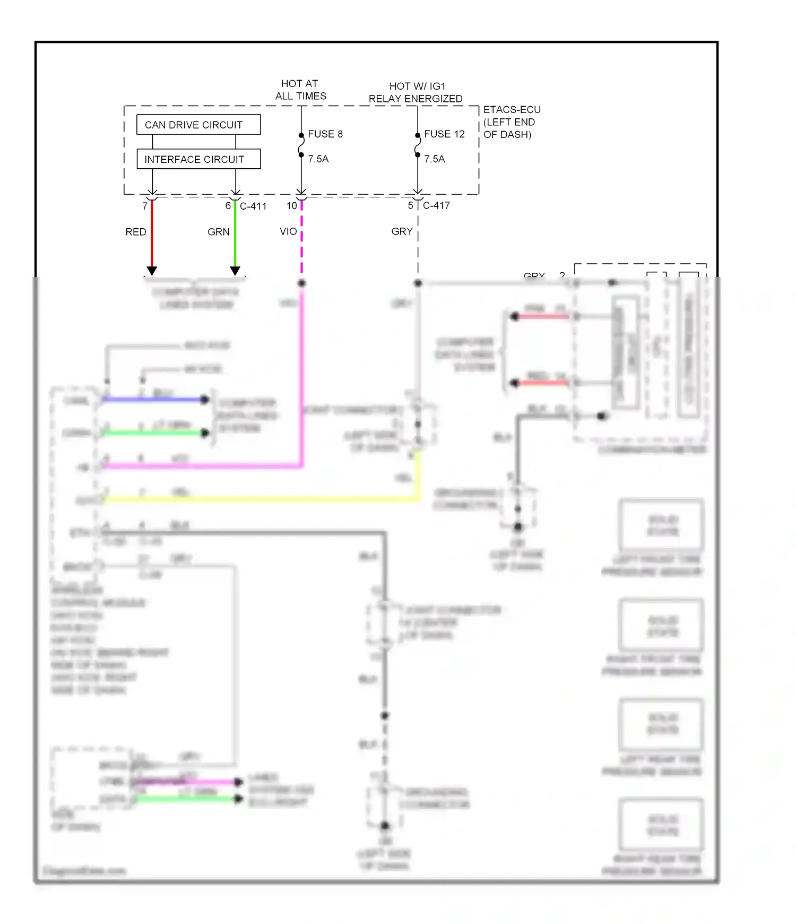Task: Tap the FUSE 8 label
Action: coord(325,134)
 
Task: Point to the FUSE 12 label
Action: coord(444,134)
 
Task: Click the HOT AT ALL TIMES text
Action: coord(300,90)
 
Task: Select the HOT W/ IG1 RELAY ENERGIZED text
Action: coord(416,92)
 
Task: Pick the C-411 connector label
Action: coord(253,206)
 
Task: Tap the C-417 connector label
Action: coord(436,205)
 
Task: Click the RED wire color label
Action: coord(136,232)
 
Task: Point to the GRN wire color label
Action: coord(218,232)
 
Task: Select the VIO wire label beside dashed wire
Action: coord(288,231)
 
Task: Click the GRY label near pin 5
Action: coord(402,231)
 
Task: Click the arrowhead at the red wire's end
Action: coord(152,271)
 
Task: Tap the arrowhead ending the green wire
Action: coord(235,271)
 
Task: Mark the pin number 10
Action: coord(291,206)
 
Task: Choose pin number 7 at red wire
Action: coord(145,206)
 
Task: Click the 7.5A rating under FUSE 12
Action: coord(434,159)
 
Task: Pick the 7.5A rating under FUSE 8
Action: coord(318,159)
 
